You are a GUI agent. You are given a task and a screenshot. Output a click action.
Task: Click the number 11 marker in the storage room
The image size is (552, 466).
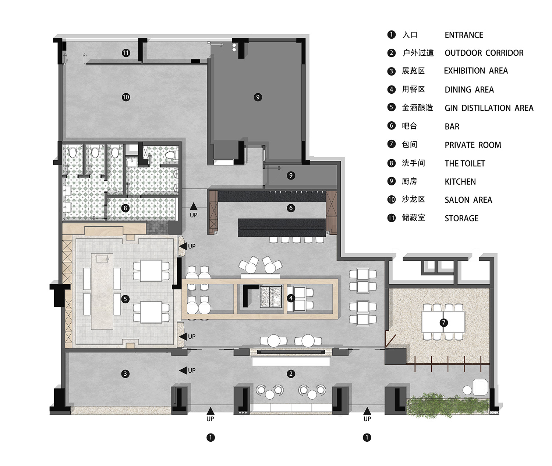point(126,53)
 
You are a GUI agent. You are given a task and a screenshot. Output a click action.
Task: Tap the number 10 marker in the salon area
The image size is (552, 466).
point(126,97)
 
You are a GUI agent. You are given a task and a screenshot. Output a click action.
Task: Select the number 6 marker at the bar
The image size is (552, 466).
point(291,208)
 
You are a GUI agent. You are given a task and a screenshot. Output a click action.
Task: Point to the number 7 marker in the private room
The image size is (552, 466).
point(443,323)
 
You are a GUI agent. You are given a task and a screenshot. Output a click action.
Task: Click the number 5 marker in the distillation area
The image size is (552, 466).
point(125,299)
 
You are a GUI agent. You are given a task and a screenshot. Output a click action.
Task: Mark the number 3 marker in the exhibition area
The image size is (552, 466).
point(125,374)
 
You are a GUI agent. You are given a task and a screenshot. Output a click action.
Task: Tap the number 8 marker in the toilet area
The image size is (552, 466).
point(125,208)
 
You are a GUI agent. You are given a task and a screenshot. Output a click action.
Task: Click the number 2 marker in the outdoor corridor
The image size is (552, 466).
point(291,374)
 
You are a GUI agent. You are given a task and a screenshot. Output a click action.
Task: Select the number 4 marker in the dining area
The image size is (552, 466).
point(291,298)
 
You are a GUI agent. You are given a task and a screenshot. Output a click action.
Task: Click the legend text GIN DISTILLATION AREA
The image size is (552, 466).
point(489,108)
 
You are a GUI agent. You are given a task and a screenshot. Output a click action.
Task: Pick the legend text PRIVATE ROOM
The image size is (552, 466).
point(473,145)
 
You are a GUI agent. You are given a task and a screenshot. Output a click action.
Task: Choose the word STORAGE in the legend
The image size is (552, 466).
point(461,218)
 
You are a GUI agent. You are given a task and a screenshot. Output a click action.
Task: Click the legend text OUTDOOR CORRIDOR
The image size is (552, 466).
point(484,53)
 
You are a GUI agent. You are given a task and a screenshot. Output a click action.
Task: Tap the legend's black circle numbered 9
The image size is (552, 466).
point(391,181)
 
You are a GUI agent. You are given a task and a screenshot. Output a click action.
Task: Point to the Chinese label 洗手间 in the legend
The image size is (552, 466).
point(413,163)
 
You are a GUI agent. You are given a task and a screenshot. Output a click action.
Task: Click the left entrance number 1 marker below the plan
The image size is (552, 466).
point(210,437)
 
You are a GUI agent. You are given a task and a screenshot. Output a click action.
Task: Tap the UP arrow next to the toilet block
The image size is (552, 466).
point(194,207)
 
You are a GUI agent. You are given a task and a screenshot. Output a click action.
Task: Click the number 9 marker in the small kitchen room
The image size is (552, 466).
point(291,175)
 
